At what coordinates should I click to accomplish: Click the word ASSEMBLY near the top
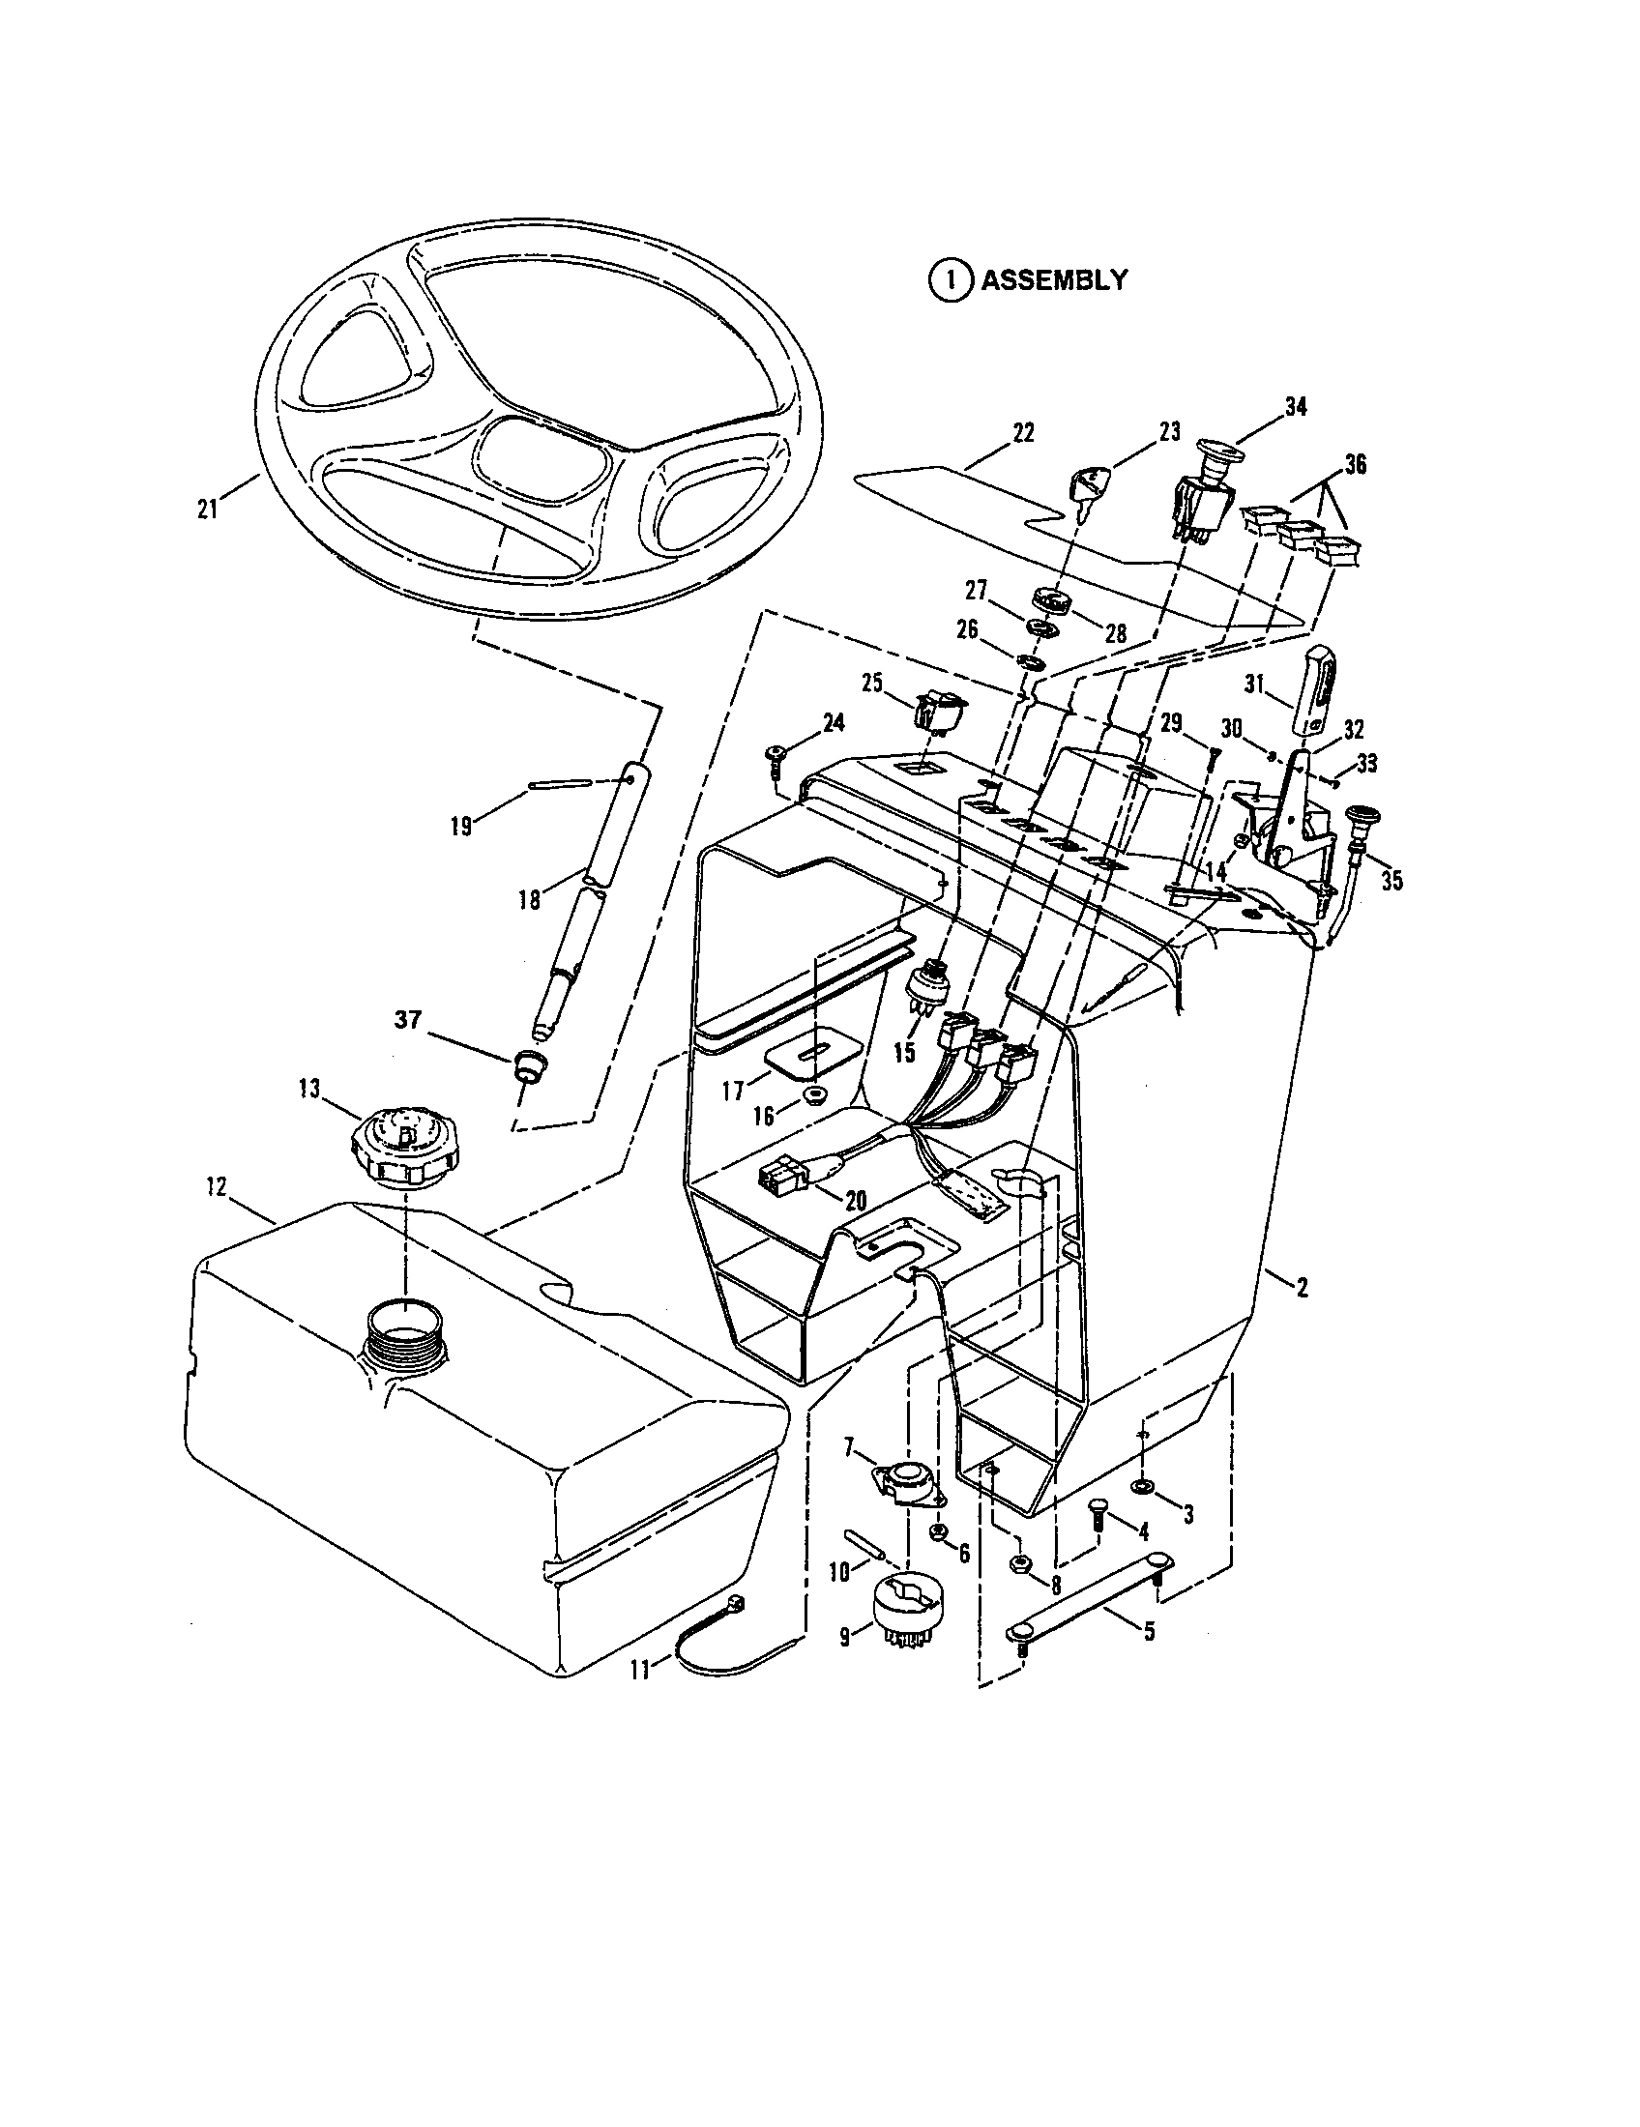pyautogui.click(x=1054, y=280)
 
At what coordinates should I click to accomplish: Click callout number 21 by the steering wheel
pyautogui.click(x=208, y=510)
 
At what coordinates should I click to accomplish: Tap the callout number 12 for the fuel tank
pyautogui.click(x=217, y=1187)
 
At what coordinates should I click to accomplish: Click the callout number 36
pyautogui.click(x=1354, y=467)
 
